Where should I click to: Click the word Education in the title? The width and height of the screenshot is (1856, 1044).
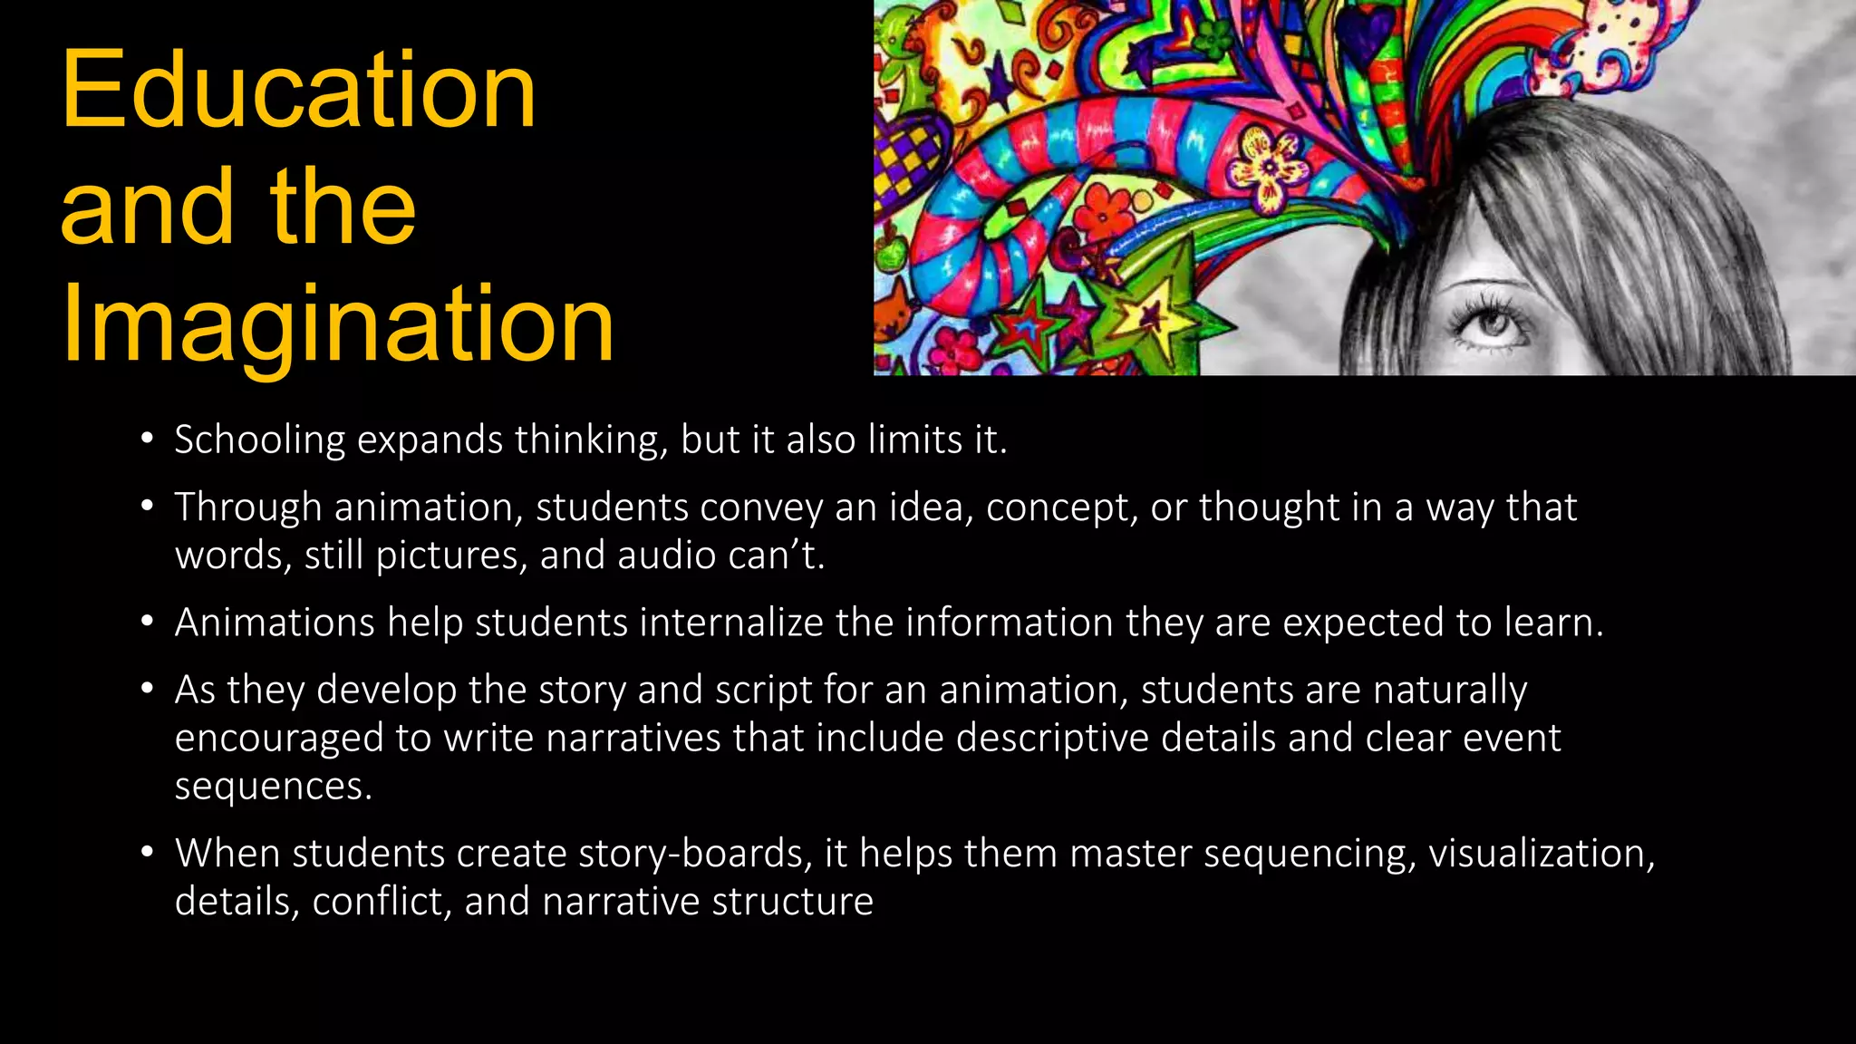[x=298, y=91]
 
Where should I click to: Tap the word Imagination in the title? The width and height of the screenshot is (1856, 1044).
[x=337, y=324]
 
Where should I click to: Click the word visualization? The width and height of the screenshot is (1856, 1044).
[x=1541, y=854]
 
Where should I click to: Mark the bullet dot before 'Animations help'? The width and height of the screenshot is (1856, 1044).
[x=147, y=623]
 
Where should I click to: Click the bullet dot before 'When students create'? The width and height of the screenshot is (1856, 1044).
[x=147, y=854]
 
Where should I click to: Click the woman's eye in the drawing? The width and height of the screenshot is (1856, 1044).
[x=1491, y=324]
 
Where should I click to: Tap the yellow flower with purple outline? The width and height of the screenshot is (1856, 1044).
[x=1268, y=163]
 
